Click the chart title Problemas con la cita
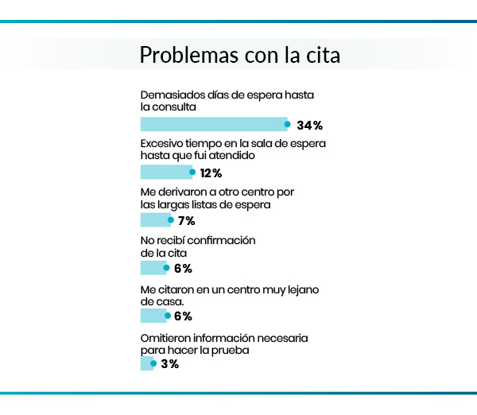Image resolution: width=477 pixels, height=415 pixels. click(x=239, y=56)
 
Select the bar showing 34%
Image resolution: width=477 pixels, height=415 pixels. click(x=213, y=124)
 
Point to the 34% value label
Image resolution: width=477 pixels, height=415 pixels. click(x=309, y=126)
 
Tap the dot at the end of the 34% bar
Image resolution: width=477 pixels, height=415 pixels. click(x=288, y=123)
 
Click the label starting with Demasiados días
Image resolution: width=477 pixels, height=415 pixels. click(x=227, y=99)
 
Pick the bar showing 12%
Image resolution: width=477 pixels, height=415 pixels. click(x=165, y=172)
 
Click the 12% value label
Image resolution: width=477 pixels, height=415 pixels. click(x=210, y=173)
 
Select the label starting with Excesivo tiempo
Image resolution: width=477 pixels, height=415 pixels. click(x=233, y=148)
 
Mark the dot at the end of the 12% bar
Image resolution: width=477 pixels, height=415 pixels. click(x=192, y=171)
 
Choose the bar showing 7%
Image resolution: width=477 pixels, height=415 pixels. click(x=154, y=220)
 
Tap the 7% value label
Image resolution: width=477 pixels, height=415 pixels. click(x=186, y=221)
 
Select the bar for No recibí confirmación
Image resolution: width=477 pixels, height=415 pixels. click(x=153, y=268)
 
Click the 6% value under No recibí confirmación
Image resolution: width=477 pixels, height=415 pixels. click(x=183, y=269)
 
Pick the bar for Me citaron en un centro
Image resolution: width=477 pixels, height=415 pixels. click(x=153, y=316)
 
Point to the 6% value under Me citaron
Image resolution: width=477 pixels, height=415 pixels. click(x=183, y=316)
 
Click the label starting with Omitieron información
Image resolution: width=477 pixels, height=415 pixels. click(x=224, y=343)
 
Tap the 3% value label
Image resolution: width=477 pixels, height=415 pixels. click(x=169, y=364)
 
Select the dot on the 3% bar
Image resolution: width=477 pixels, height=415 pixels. click(x=153, y=363)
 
